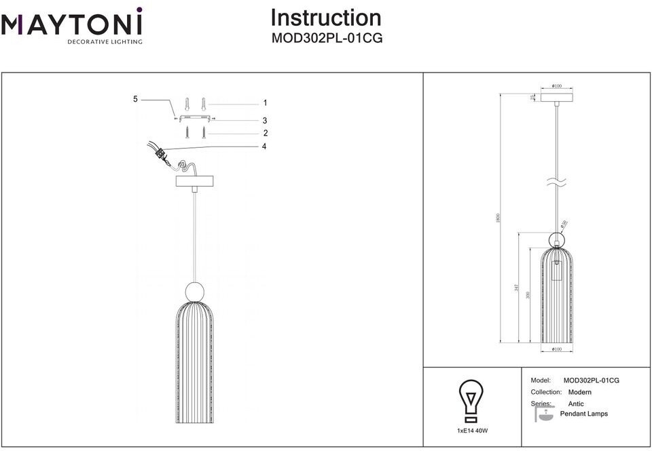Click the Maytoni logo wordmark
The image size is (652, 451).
71,25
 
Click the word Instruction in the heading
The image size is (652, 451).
326,18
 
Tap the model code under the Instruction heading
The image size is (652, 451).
327,38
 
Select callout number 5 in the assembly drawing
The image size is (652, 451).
135,99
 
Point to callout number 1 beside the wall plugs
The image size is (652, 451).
265,103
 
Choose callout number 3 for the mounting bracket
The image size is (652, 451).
265,120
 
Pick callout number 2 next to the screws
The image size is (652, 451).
265,133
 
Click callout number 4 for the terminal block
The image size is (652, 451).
265,146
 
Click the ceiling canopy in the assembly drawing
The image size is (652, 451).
195,181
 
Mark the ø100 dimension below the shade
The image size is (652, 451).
556,349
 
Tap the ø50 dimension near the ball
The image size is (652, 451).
564,224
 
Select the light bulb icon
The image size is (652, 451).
471,400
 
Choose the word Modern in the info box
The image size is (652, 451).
579,392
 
